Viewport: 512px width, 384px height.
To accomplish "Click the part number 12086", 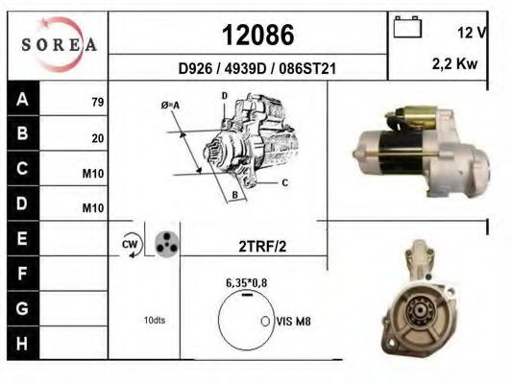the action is coord(258,35).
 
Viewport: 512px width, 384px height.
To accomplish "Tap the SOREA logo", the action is coord(59,45).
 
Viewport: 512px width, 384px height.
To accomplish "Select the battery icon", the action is coord(407,27).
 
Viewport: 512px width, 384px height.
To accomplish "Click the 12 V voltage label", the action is coord(473,33).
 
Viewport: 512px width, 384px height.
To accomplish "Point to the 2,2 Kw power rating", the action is coord(455,64).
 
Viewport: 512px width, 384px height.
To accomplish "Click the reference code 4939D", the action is coord(246,69).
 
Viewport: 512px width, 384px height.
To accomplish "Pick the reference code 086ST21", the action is coord(307,69).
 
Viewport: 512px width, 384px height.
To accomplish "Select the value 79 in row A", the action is coord(98,102).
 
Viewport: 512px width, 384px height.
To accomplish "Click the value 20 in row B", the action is coord(98,138).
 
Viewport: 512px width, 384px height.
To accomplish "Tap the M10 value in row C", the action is coord(93,174).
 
